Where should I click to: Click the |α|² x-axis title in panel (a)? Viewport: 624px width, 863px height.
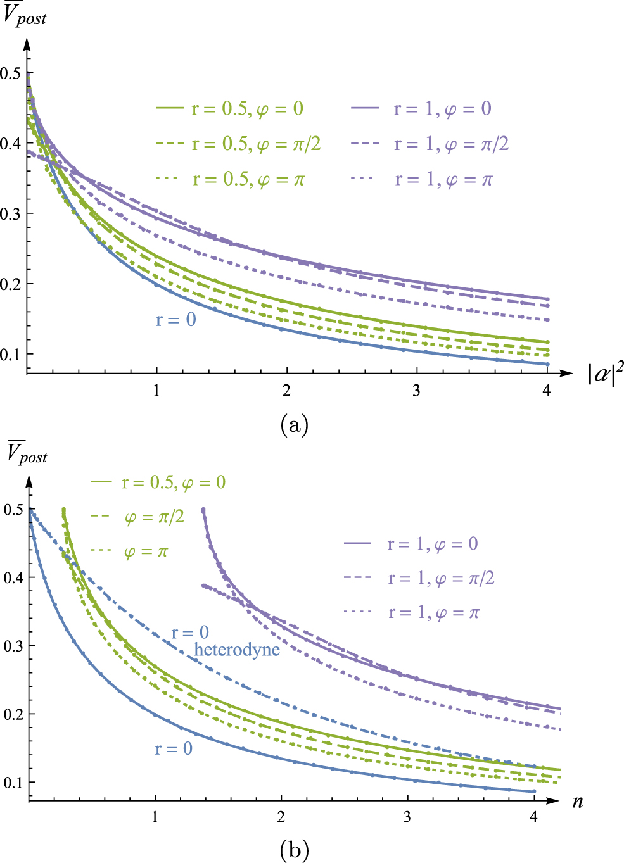coord(606,374)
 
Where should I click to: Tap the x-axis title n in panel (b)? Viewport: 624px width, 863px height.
coord(577,802)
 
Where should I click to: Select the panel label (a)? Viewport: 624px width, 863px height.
coord(294,424)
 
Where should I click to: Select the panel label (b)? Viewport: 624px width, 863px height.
coord(294,850)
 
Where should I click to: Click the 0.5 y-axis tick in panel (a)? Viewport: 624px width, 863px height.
coord(11,73)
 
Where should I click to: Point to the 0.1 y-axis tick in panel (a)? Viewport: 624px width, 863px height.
coord(11,354)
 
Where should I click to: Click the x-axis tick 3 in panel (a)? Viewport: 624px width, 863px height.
coord(416,390)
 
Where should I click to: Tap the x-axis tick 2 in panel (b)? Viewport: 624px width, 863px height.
coord(281,817)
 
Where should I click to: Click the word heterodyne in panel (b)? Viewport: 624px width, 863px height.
coord(237,650)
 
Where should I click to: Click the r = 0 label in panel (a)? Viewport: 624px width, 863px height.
coord(175,320)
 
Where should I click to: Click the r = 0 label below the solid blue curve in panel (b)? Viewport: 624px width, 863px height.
coord(173,749)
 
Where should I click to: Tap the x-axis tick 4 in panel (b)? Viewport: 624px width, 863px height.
coord(533,817)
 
